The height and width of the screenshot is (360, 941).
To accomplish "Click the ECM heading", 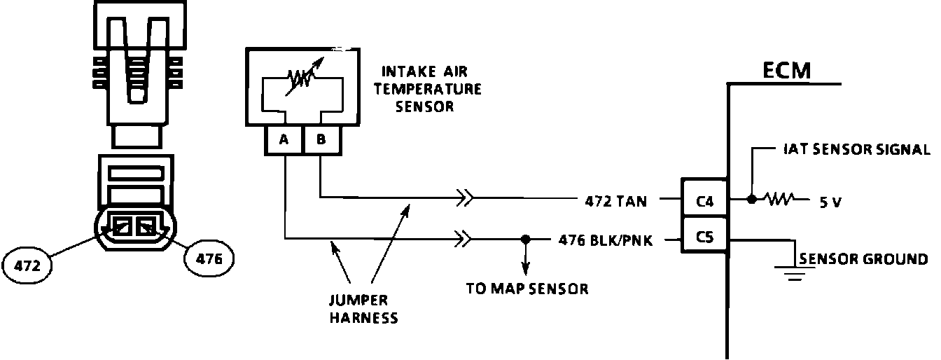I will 786,71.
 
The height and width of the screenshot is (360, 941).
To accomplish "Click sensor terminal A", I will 284,140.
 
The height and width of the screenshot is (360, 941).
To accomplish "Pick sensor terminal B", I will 321,140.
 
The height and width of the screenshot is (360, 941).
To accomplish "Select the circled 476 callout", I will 208,259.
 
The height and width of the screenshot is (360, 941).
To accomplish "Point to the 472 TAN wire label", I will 615,202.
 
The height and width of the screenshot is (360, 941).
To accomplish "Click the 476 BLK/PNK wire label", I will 606,240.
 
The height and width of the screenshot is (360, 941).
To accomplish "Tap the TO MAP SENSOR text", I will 527,289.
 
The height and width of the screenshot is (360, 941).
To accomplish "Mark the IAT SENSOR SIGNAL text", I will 856,149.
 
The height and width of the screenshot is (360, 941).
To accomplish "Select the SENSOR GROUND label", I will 863,260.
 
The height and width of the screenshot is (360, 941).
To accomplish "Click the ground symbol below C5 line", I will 793,272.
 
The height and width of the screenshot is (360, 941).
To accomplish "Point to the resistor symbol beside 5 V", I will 779,200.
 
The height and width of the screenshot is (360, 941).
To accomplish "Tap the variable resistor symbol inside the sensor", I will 301,76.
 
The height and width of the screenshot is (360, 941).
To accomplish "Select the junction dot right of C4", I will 751,200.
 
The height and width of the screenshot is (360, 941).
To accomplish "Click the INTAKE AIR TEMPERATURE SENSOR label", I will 431,89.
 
